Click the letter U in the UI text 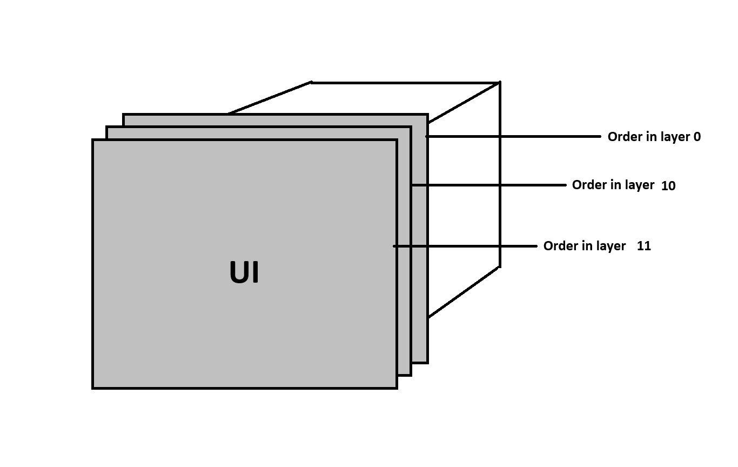[x=238, y=273]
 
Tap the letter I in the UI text [x=255, y=273]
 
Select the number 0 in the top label [x=697, y=137]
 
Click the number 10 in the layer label [x=668, y=186]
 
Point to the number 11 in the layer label [x=644, y=246]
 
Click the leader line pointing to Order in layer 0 [x=513, y=137]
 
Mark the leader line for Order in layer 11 [x=465, y=246]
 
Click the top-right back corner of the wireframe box [x=500, y=83]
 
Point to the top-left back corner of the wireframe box [x=312, y=82]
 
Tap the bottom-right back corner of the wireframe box [x=500, y=266]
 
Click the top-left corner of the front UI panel [x=93, y=141]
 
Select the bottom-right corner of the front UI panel [x=397, y=388]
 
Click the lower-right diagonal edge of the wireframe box [x=464, y=292]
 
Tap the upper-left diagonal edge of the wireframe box [x=270, y=98]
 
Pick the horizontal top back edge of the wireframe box [x=405, y=83]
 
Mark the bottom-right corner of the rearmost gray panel [x=427, y=362]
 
